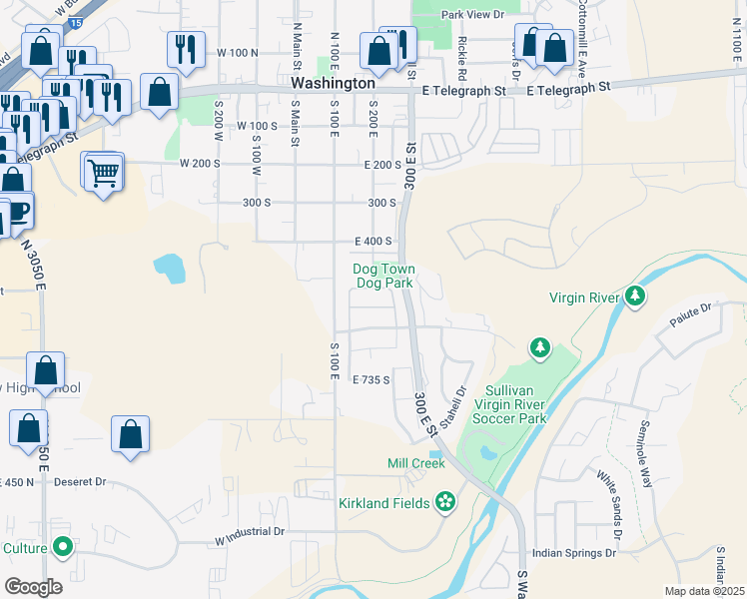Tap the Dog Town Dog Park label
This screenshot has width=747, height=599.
point(384,276)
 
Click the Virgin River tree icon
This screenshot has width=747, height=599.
point(634,297)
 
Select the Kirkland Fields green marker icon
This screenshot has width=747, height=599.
point(446,502)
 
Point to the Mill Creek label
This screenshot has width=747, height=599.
point(415,463)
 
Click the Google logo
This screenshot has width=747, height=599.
point(33,586)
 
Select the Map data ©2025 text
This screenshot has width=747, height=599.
point(704,591)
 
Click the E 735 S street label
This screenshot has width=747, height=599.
point(371,379)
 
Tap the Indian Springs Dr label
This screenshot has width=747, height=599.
point(573,552)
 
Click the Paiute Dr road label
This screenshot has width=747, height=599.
point(690,315)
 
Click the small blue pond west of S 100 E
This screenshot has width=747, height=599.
point(169,268)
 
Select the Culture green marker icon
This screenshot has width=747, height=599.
point(63,547)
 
